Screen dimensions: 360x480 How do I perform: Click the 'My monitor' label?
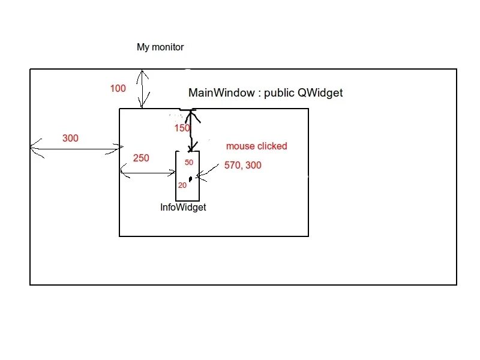(160, 47)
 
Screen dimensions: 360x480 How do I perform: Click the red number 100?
(118, 89)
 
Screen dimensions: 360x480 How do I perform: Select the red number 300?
(70, 139)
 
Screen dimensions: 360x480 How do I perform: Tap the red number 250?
(141, 158)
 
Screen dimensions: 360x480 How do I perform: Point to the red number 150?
(182, 128)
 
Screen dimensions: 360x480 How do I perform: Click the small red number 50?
(189, 163)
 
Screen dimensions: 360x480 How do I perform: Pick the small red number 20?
(182, 185)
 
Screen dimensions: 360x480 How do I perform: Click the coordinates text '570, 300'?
(243, 165)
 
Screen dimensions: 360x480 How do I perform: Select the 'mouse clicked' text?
(256, 146)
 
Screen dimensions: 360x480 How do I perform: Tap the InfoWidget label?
(183, 207)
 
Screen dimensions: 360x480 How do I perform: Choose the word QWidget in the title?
(320, 93)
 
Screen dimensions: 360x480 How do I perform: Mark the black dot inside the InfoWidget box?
(190, 179)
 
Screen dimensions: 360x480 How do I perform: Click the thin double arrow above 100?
(142, 89)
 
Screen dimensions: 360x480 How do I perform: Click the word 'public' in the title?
(279, 93)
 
